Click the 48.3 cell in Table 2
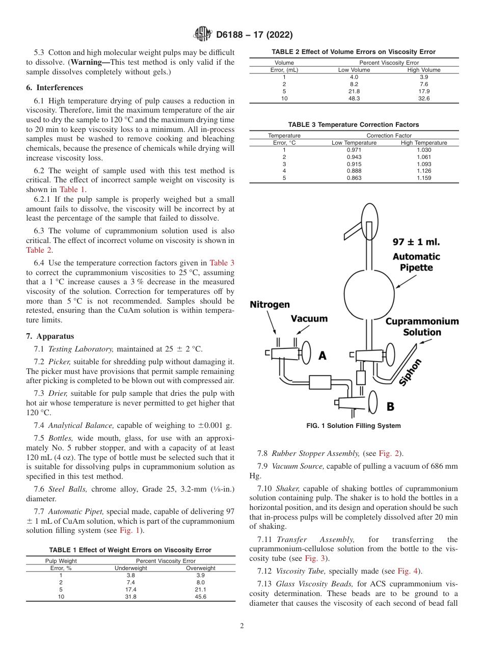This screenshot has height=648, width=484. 354,98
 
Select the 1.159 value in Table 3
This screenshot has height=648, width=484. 423,178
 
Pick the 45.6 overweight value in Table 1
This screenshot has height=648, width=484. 200,597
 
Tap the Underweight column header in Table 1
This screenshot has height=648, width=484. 130,568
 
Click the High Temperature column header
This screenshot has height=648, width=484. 423,143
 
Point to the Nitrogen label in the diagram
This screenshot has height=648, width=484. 270,305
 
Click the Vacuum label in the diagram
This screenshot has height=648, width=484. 309,318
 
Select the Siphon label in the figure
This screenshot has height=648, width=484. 412,372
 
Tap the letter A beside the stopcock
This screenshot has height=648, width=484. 322,356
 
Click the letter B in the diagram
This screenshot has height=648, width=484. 390,406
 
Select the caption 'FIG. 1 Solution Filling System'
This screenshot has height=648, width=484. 354,426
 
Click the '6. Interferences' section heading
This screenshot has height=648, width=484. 55,88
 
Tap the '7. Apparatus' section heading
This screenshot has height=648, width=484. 50,336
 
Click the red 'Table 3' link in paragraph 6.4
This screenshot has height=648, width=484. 222,263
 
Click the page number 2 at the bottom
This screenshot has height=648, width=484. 242,626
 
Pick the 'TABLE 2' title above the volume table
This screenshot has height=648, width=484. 354,52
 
